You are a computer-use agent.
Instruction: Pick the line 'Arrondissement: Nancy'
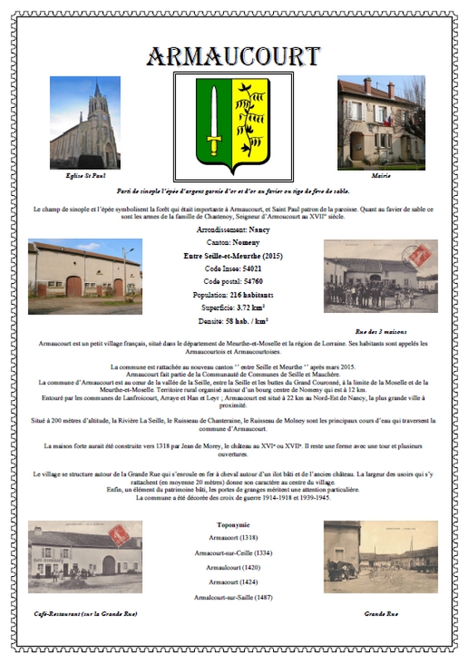tap(233, 227)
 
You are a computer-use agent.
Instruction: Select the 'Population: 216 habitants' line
tap(233, 295)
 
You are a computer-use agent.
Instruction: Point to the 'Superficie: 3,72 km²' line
tap(233, 308)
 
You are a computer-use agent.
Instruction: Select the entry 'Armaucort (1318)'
tap(233, 539)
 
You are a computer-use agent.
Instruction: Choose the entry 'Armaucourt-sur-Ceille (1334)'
tap(233, 553)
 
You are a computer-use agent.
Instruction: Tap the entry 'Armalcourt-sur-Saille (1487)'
tap(233, 598)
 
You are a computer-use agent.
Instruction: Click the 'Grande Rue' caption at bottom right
tap(381, 613)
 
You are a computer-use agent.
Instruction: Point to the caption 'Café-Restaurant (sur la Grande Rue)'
tap(84, 613)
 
